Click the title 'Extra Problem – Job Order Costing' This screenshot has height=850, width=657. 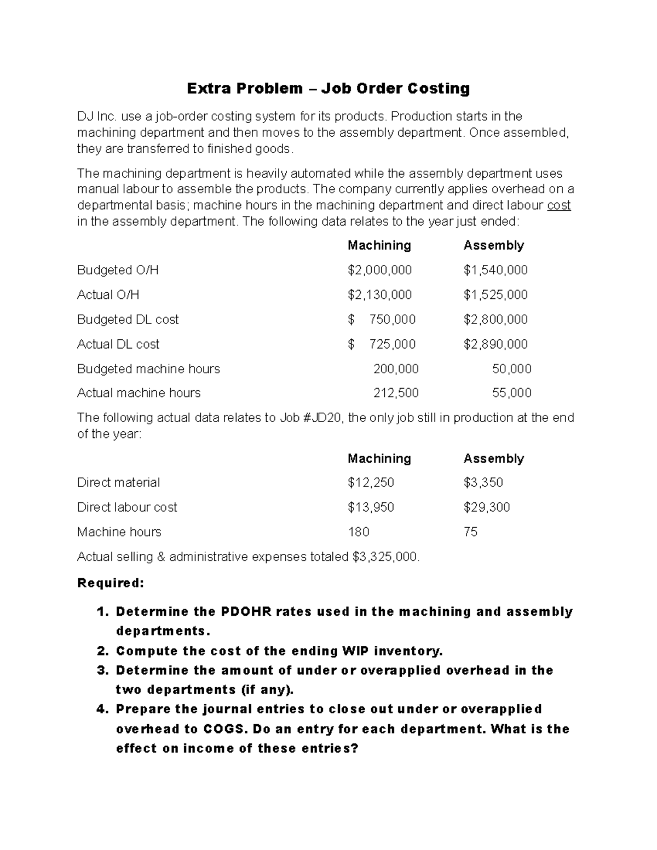[x=328, y=88]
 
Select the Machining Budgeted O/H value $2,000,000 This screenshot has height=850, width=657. [x=379, y=270]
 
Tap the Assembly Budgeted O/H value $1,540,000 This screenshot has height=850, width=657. [x=495, y=270]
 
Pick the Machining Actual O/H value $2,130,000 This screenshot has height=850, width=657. [x=379, y=294]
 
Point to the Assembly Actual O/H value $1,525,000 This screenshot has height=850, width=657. [x=495, y=294]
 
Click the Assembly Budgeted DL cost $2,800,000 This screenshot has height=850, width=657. [x=495, y=319]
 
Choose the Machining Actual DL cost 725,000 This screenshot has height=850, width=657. [x=392, y=344]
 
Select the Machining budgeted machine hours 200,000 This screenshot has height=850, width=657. [x=396, y=369]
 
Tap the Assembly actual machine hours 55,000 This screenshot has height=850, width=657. [x=512, y=393]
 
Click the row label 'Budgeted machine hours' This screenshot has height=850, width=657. [x=148, y=369]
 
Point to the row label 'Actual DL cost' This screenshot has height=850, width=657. [x=118, y=344]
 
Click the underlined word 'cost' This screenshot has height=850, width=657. [x=558, y=205]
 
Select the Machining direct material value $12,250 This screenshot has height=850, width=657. [x=371, y=482]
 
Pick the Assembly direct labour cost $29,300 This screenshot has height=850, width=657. [x=486, y=507]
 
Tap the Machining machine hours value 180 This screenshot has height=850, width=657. [x=359, y=531]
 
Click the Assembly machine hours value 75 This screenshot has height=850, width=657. [x=470, y=531]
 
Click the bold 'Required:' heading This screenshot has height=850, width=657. [x=111, y=583]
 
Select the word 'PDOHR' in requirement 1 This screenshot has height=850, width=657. [x=246, y=611]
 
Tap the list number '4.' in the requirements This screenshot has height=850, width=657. [x=103, y=709]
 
